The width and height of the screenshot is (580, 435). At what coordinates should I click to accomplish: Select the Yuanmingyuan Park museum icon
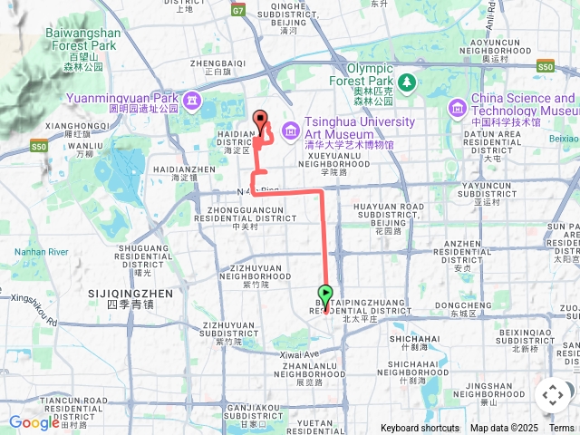tap(191, 100)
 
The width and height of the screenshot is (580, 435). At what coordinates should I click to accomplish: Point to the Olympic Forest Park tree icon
tap(408, 82)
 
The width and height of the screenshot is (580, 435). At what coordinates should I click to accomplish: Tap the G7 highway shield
tap(238, 11)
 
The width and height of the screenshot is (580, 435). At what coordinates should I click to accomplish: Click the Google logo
tap(34, 422)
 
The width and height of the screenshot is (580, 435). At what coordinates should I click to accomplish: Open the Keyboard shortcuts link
tap(420, 428)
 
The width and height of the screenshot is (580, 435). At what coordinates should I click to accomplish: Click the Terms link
tap(562, 428)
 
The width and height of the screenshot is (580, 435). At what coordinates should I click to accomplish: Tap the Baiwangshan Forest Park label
tap(81, 37)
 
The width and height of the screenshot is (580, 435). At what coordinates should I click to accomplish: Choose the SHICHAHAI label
tap(414, 338)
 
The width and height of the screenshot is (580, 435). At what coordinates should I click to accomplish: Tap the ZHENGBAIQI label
tap(219, 63)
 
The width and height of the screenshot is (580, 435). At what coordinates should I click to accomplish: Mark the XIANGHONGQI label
tap(77, 126)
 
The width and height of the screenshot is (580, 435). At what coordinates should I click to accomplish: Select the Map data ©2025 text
tap(504, 428)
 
